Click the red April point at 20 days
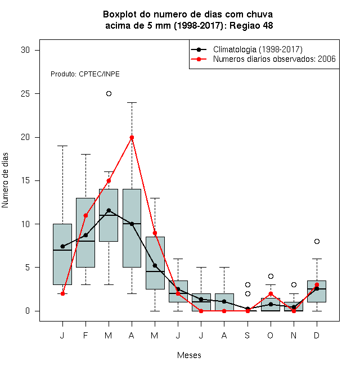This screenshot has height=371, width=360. pos(132,138)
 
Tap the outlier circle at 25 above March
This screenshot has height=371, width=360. pos(109,94)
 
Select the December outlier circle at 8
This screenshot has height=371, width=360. pos(317,241)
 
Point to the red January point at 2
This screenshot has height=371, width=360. pos(62,293)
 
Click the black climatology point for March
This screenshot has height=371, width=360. pos(109,210)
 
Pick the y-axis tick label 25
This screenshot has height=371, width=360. pos(25,94)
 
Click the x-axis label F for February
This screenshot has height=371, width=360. pos(85,335)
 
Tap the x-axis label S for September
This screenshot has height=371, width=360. pos(247,335)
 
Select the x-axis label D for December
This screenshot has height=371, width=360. pos(317,335)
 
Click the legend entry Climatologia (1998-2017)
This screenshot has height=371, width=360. pos(258,49)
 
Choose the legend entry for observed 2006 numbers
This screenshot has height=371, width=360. pos(274,59)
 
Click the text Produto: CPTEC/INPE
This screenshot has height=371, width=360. pos(85,74)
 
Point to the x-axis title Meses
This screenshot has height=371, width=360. pos(189,355)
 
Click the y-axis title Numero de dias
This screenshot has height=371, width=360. pos(5,180)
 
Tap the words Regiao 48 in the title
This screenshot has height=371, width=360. pos(251,25)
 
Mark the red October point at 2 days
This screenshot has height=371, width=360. pos(271,293)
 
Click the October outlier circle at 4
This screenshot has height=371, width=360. pos(271,276)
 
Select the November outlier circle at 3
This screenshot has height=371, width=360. pos(294,284)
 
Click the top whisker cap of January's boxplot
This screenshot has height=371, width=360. pos(62,146)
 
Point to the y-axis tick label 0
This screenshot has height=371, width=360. pos(28,311)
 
